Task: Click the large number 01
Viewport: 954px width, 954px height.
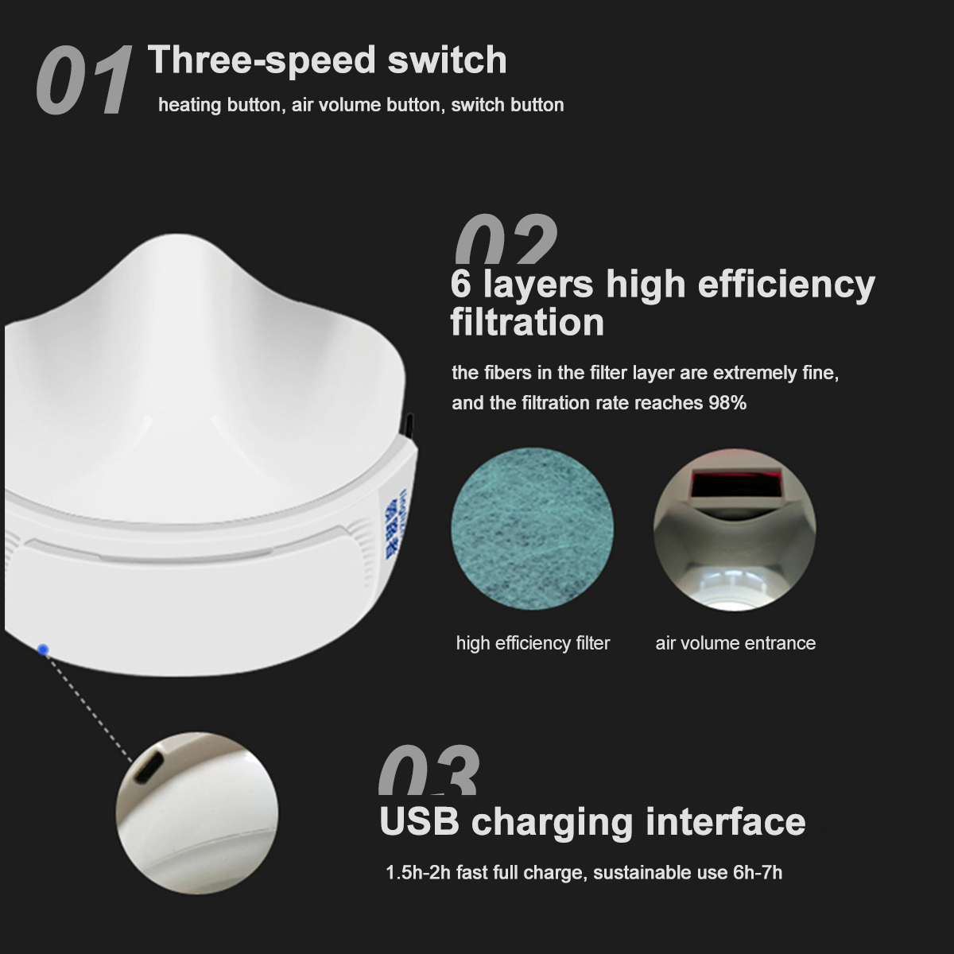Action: [x=83, y=82]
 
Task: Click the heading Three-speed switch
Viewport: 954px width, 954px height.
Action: [x=327, y=60]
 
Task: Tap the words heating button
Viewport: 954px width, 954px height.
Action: [x=219, y=105]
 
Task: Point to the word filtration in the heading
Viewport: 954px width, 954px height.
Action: [x=527, y=323]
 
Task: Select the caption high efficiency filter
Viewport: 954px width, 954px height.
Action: [x=533, y=643]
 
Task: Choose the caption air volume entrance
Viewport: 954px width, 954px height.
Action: [x=735, y=643]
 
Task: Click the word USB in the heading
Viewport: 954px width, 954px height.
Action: [x=420, y=821]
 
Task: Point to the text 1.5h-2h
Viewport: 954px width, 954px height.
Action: [x=418, y=873]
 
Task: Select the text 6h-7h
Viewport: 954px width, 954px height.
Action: [x=757, y=873]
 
